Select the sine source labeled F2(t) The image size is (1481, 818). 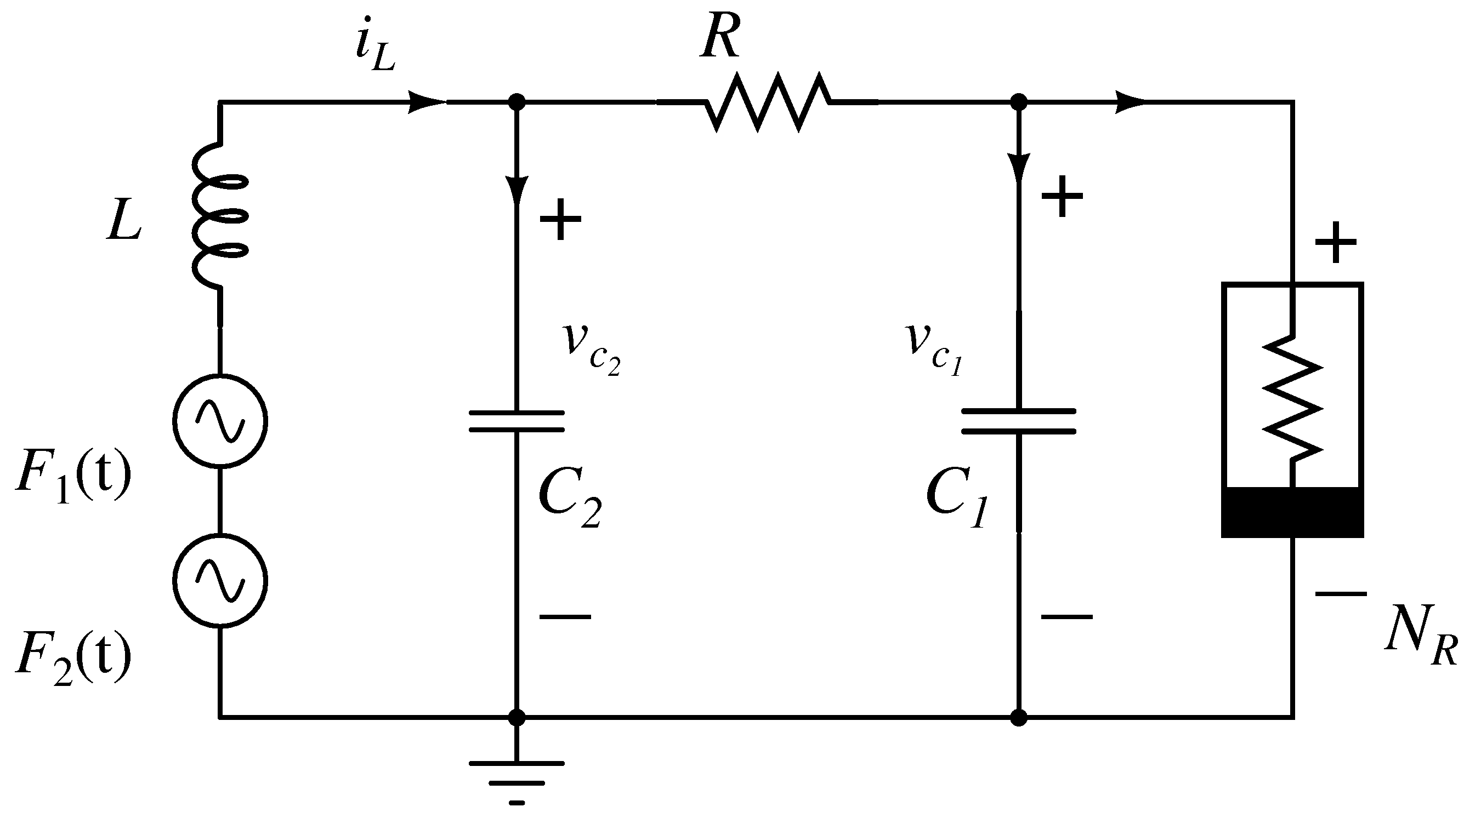click(220, 581)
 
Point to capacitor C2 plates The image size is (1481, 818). click(517, 421)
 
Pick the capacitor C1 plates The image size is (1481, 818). click(1018, 421)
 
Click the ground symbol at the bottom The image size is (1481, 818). click(517, 775)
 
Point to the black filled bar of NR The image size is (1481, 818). click(1292, 512)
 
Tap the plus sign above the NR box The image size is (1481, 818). click(1336, 242)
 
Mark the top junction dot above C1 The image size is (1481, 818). click(1018, 103)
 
